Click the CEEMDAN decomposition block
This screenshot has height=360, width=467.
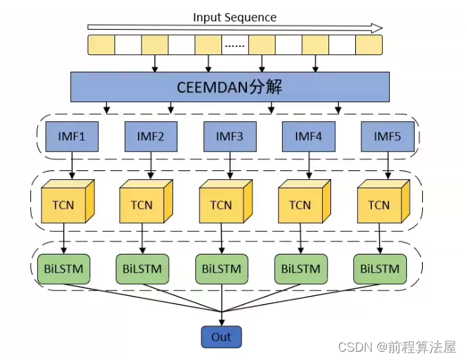[x=230, y=88]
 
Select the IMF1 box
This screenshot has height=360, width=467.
[x=72, y=136]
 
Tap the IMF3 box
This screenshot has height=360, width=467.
[x=230, y=136]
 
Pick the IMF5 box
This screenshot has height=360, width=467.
[x=388, y=136]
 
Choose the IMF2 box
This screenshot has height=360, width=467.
[x=150, y=136]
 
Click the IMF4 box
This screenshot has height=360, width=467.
[x=308, y=136]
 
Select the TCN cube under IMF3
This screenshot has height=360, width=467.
[x=221, y=205]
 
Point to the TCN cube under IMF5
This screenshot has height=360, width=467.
[x=379, y=205]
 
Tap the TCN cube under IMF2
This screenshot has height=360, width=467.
[x=141, y=205]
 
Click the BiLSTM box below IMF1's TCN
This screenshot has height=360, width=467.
[x=63, y=269]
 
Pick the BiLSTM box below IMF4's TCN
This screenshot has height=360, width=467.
[x=301, y=269]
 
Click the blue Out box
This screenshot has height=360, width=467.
[x=221, y=337]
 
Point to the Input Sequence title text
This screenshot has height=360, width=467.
[x=235, y=17]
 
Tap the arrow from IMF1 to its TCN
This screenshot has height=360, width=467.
[x=72, y=167]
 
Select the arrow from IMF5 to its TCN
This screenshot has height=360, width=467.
[x=388, y=167]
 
